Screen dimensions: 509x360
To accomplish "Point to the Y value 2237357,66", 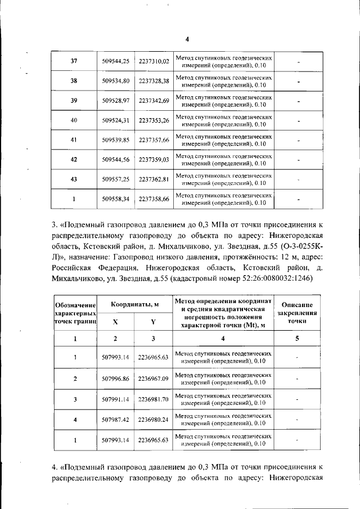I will tap(154, 139).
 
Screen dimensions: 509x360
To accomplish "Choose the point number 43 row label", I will tap(74, 179).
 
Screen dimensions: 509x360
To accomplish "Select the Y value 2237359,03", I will tap(154, 159).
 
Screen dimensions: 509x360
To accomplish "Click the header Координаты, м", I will tap(134, 304).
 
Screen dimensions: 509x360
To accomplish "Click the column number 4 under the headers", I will tap(223, 339).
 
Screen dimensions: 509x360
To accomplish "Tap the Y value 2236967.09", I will tap(154, 379).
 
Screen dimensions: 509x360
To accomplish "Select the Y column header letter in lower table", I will tap(153, 322).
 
